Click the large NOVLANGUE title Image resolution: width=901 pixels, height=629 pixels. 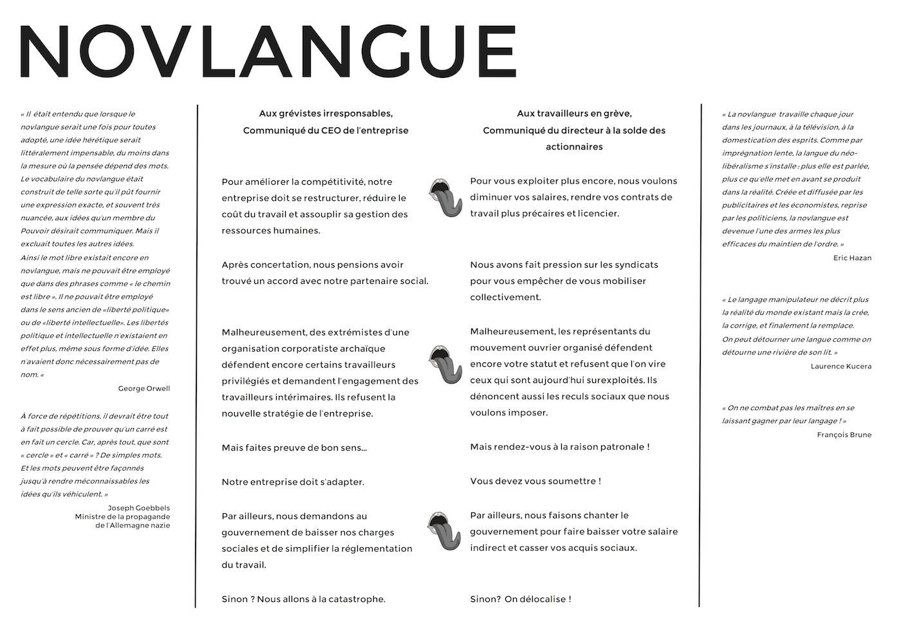(x=268, y=52)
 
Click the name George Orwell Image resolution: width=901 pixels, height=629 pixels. (x=144, y=389)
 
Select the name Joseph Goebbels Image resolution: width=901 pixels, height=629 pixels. (x=139, y=508)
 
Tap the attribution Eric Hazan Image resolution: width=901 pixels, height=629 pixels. (x=852, y=258)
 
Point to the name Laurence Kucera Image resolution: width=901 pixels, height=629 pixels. (x=841, y=366)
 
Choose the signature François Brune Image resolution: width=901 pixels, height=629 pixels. (x=844, y=435)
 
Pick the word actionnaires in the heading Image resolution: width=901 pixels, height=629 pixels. (x=574, y=147)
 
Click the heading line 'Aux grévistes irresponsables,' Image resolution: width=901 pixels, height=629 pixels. (x=326, y=114)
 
